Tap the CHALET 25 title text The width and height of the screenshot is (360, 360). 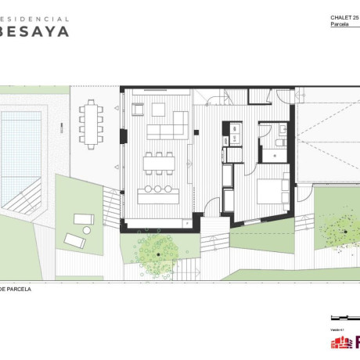pyautogui.click(x=344, y=18)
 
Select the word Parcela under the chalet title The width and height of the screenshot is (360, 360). pyautogui.click(x=340, y=26)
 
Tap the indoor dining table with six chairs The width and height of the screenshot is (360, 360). pyautogui.click(x=159, y=163)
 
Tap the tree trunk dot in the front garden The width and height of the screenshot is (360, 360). pyautogui.click(x=158, y=254)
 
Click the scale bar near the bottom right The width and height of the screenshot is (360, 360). pyautogui.click(x=342, y=317)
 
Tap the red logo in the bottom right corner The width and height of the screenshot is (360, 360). pyautogui.click(x=344, y=343)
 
